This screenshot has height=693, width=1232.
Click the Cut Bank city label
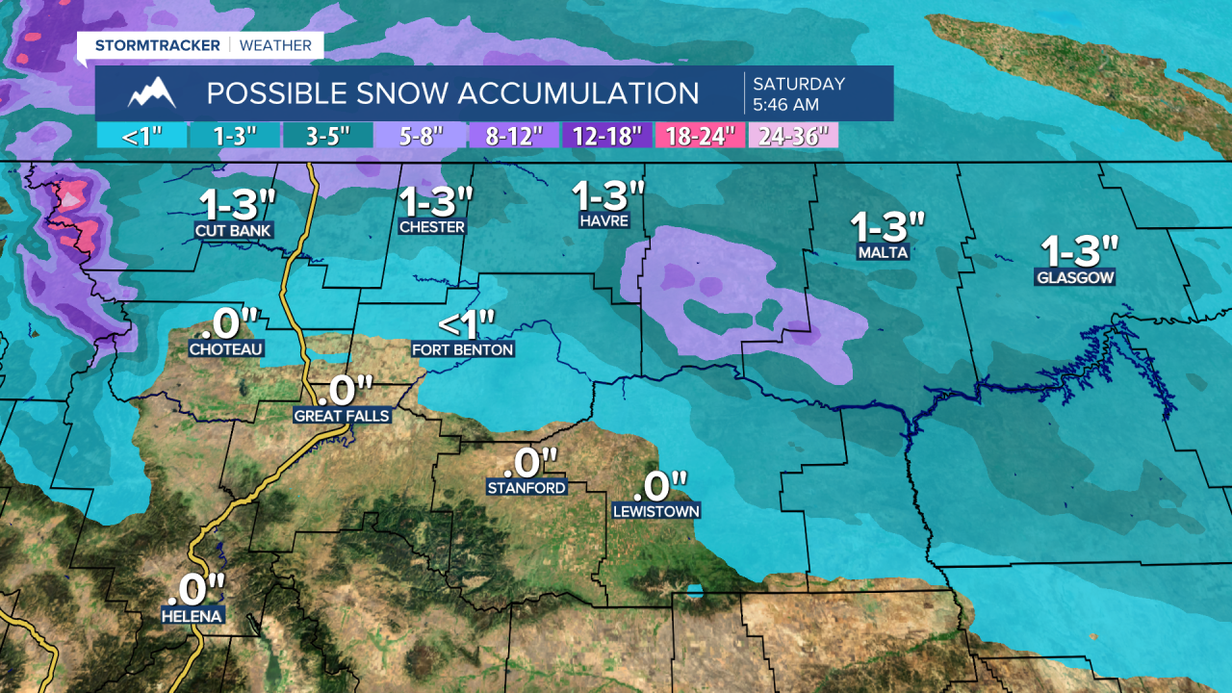(234, 231)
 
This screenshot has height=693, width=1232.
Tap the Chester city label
(432, 227)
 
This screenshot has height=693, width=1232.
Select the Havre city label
(603, 220)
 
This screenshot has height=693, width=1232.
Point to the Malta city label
(883, 253)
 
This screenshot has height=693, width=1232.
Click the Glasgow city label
(1075, 278)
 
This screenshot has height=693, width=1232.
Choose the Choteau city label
(226, 348)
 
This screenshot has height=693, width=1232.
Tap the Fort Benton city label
(463, 349)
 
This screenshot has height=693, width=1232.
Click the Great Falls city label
(342, 416)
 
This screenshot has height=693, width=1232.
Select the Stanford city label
(526, 488)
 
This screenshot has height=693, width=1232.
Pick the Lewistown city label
(656, 511)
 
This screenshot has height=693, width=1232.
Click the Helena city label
(193, 616)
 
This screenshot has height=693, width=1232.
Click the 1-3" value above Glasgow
(1080, 251)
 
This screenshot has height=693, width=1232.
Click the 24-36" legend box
(793, 136)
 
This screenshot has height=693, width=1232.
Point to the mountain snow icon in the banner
(151, 93)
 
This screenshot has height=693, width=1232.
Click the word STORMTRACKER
(158, 45)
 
